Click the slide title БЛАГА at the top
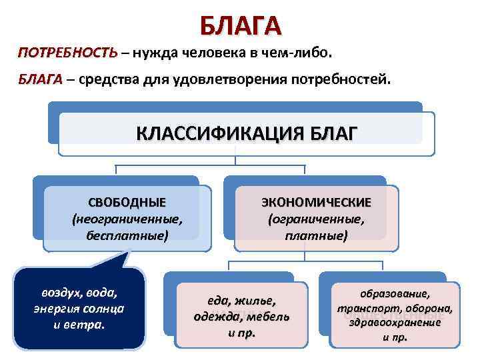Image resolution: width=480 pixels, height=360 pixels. pos(240,25)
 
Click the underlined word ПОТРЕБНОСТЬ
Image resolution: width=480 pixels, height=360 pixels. pos(67,53)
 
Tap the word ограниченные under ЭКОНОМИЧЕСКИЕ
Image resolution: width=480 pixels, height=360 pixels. pos(316,219)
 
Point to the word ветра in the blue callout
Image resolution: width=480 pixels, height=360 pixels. pos(89,325)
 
